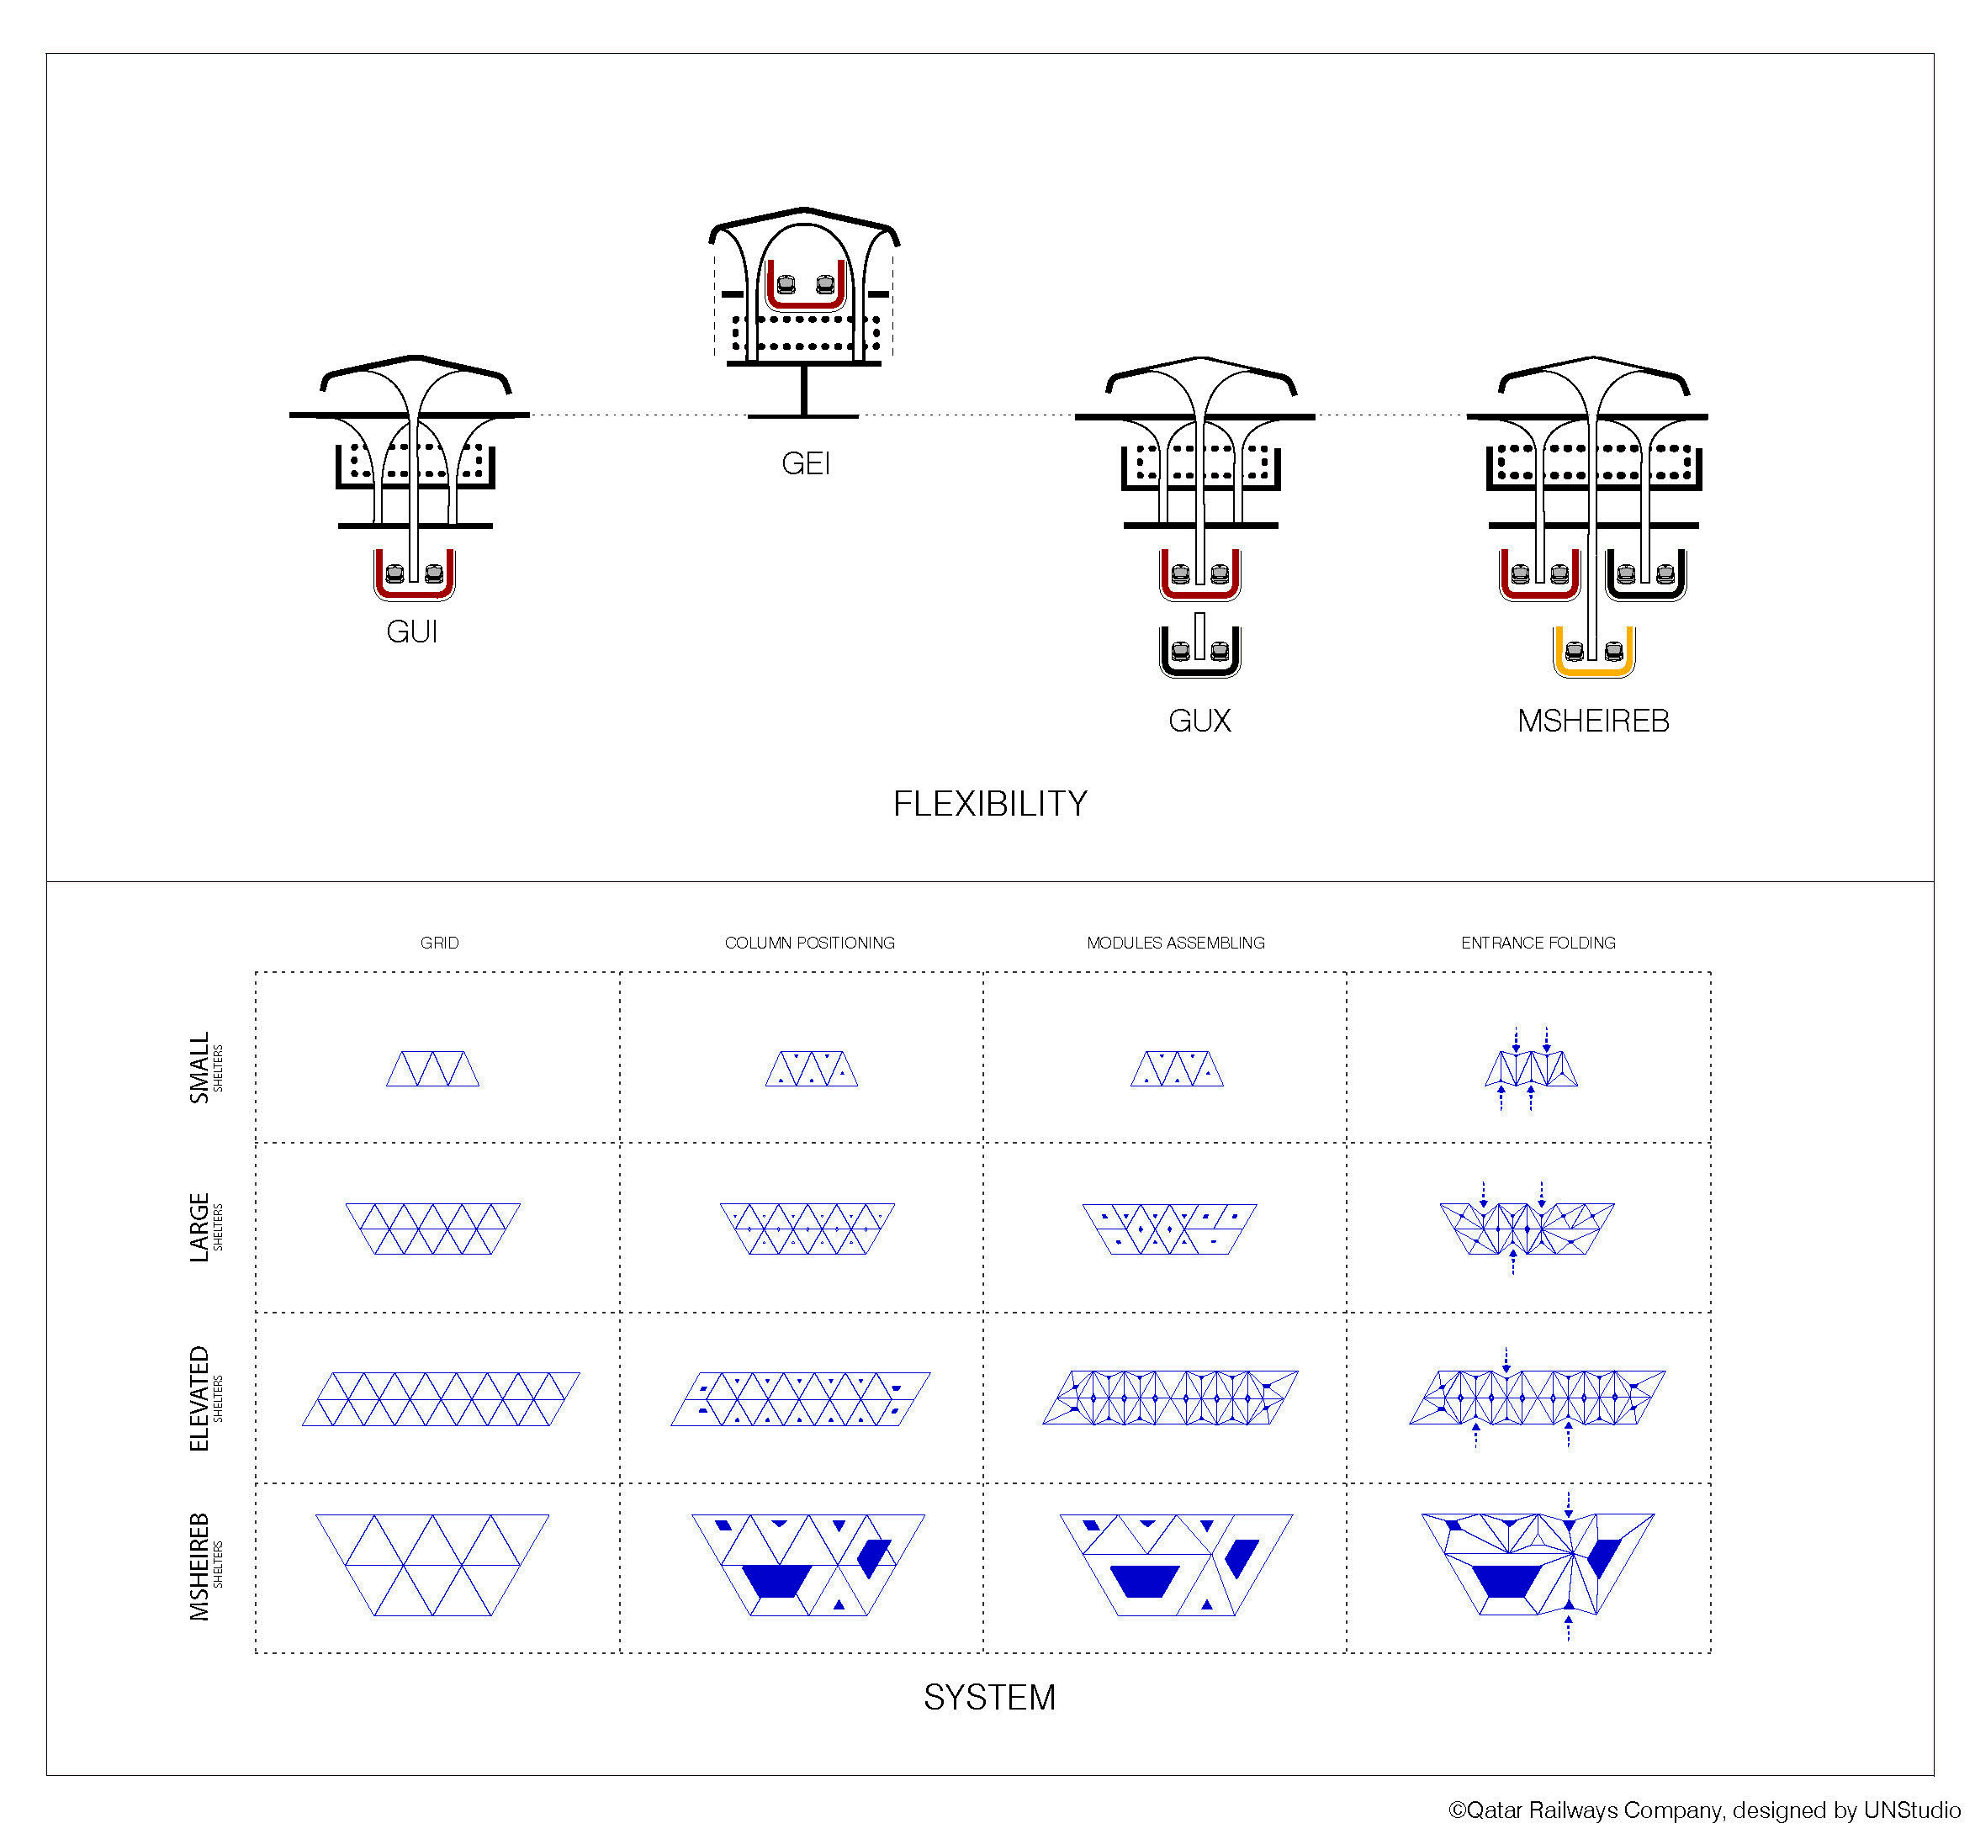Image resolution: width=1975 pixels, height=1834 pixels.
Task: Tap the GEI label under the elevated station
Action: coord(805,463)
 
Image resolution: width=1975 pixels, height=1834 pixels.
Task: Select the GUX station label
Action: coord(1199,721)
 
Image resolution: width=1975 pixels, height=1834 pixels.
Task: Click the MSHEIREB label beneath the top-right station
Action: coord(1593,721)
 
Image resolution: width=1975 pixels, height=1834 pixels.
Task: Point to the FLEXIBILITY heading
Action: coord(989,804)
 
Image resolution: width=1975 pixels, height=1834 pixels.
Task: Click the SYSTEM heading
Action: coord(989,1697)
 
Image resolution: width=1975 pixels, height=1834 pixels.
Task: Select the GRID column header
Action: coord(440,943)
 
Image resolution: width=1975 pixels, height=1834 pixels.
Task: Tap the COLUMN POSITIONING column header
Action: coord(810,943)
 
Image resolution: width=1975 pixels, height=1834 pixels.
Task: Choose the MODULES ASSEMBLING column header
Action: coord(1176,943)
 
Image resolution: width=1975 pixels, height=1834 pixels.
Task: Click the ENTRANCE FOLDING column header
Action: coord(1538,943)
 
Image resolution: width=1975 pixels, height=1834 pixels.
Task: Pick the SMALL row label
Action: coord(199,1068)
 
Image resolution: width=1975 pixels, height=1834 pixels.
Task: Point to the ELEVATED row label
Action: coord(199,1398)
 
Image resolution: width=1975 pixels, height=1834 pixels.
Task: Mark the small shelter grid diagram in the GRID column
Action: coord(432,1069)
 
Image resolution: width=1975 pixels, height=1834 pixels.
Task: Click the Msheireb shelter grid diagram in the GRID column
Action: coord(432,1565)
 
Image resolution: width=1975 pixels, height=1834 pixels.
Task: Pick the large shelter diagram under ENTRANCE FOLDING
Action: coord(1528,1229)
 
